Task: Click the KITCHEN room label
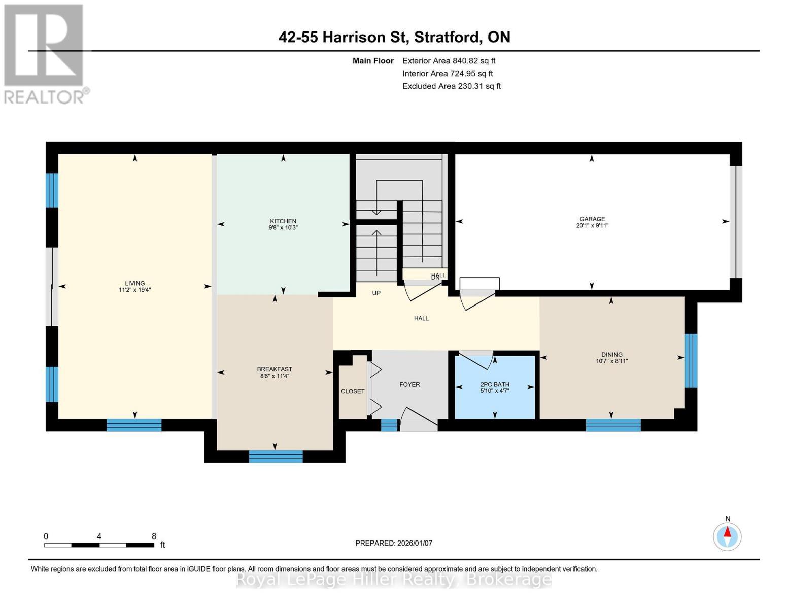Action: (x=283, y=221)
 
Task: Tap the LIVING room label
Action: (x=135, y=283)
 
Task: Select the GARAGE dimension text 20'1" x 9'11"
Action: (x=592, y=226)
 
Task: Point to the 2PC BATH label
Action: (x=495, y=384)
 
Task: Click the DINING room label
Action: (x=612, y=355)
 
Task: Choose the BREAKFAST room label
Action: (x=275, y=369)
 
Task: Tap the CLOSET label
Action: (x=353, y=391)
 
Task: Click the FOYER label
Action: (x=409, y=384)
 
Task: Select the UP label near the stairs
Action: (x=376, y=293)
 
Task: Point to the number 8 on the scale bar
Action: (x=154, y=536)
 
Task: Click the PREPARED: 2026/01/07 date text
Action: (x=394, y=543)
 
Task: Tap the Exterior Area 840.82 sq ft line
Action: (x=449, y=61)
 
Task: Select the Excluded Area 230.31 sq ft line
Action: (x=451, y=86)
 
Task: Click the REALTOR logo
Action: (x=45, y=53)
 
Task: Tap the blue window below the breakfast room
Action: (x=276, y=456)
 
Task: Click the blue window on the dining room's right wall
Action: (x=691, y=361)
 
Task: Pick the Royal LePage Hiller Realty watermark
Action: (x=394, y=579)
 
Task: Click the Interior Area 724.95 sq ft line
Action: (x=448, y=74)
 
